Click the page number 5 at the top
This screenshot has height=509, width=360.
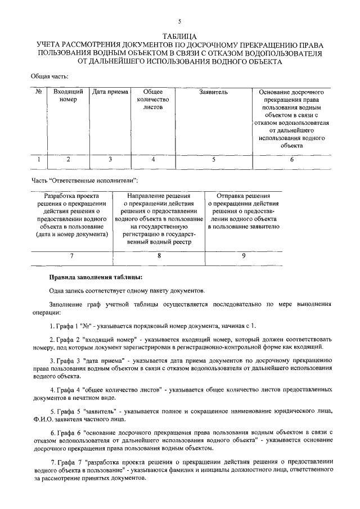pos(179,21)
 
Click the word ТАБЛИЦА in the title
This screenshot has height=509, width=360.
pos(179,36)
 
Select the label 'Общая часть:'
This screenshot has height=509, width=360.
pos(49,75)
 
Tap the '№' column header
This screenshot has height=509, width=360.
pos(39,91)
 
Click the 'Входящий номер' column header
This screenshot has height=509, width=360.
pos(68,95)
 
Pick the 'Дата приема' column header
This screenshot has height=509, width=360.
pos(110,91)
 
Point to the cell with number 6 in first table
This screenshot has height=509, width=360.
pos(291,160)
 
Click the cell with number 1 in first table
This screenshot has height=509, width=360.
pos(39,160)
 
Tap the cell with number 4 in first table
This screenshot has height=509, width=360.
pos(152,160)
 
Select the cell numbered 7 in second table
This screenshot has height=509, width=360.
pos(71,256)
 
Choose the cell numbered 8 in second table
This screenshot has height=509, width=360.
pos(159,256)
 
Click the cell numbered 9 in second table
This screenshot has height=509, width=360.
pos(243,256)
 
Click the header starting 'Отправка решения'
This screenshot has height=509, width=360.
pos(243,211)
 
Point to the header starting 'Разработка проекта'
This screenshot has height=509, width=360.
pos(71,215)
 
